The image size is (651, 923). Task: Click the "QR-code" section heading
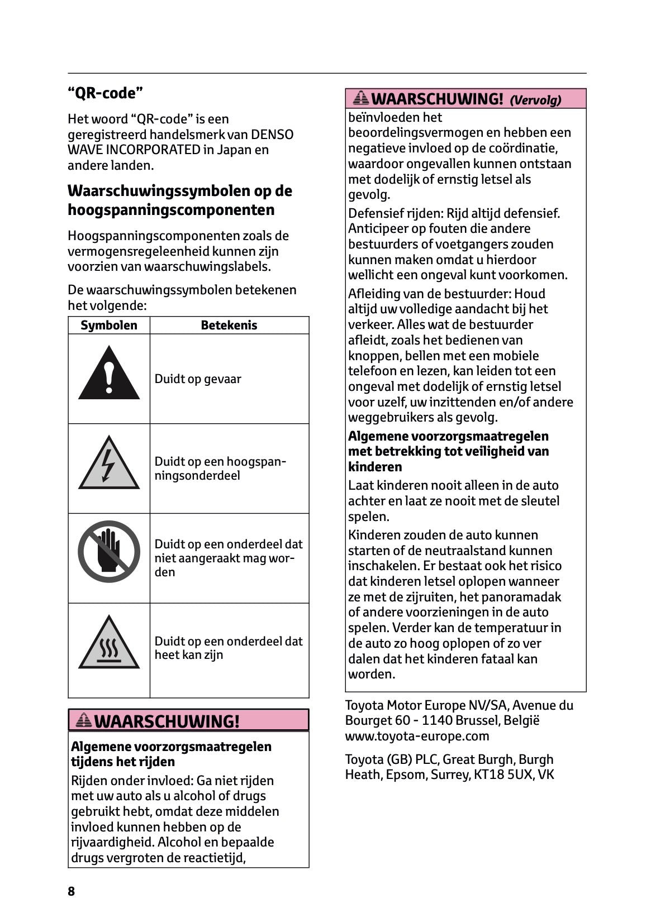coord(106,93)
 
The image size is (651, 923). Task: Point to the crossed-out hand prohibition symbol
coord(109,552)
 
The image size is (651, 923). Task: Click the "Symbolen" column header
coord(109,326)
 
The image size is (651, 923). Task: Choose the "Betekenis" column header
coord(229,326)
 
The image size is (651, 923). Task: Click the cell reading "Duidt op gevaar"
coord(198,379)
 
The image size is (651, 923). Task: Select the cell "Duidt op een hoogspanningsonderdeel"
coord(220,468)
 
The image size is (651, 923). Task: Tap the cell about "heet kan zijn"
coord(228,648)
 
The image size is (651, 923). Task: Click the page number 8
coord(71,891)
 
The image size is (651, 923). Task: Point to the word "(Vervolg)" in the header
coord(535,101)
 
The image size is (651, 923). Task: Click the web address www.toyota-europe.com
coord(417,736)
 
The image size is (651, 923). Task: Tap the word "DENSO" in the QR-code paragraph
coord(272,135)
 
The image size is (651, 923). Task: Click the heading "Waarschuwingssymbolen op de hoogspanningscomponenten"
coord(180,200)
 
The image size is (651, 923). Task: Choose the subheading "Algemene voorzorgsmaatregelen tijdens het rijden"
coord(171,754)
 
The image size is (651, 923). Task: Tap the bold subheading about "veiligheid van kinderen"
coord(448,451)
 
